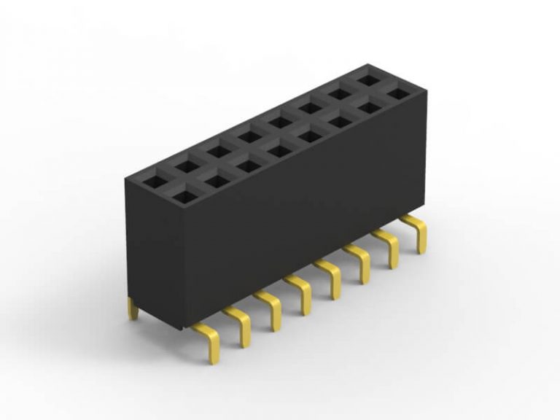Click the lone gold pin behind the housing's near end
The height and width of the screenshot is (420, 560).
(x=133, y=309)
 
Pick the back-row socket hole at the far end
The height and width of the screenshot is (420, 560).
(x=367, y=80)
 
